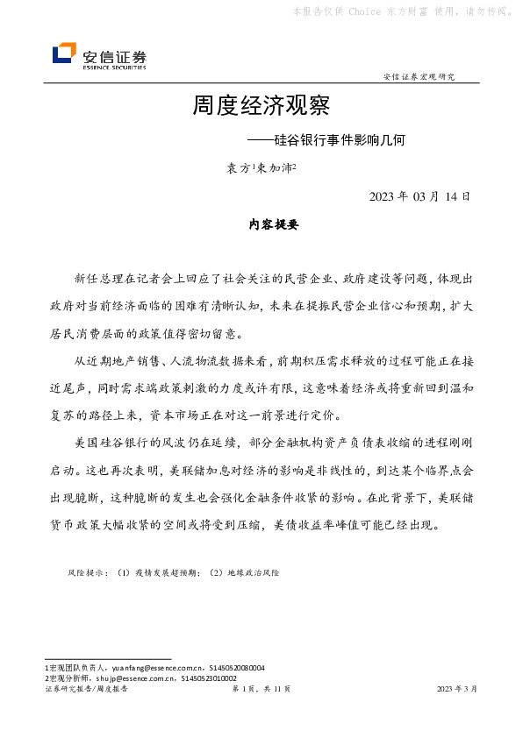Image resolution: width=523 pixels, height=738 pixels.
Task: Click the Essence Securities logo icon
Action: point(63,53)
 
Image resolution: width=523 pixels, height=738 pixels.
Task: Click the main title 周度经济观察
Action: point(261,107)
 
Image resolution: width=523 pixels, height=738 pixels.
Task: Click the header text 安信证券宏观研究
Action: point(419,77)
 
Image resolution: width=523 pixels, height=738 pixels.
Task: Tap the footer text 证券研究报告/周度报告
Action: point(86,690)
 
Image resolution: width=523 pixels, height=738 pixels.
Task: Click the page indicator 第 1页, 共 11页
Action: point(261,690)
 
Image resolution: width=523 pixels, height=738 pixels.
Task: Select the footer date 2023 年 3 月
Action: point(457,690)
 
